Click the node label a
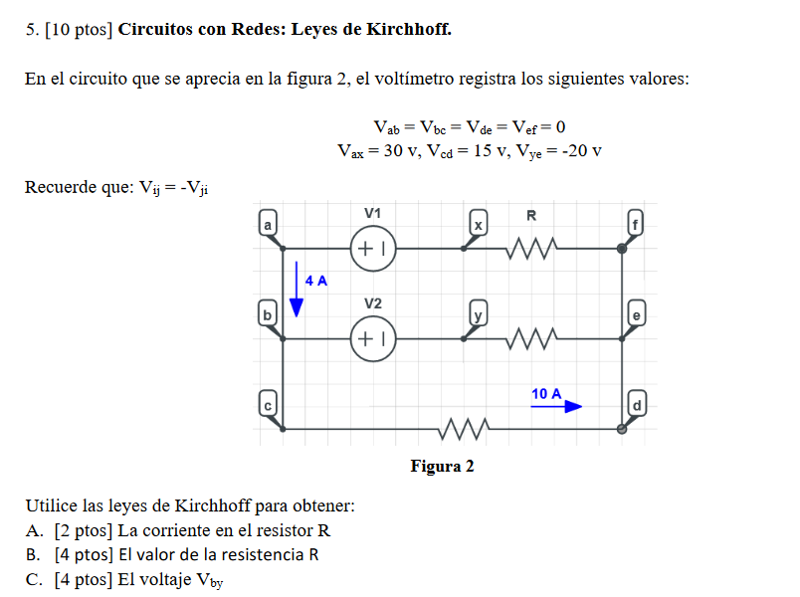tap(267, 224)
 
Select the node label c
tap(267, 405)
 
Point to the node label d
tap(638, 405)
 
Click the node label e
tap(638, 314)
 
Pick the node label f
tap(638, 224)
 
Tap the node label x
tap(479, 224)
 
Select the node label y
tap(479, 314)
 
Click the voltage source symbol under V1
tap(373, 249)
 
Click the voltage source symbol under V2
tap(373, 339)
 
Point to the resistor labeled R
tap(531, 250)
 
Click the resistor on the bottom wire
tap(462, 430)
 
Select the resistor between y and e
tap(531, 340)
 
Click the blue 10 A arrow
tap(556, 406)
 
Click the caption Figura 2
tap(442, 467)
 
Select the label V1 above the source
tap(372, 213)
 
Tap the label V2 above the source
tap(372, 302)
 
